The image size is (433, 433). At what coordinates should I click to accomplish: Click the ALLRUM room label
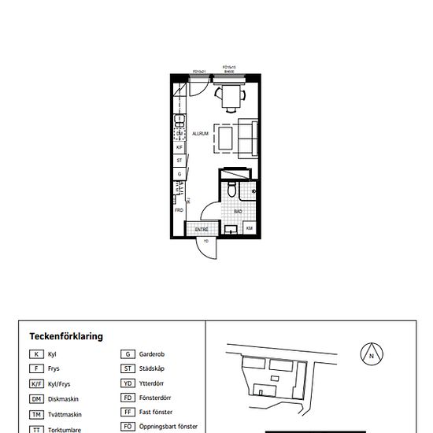click(x=200, y=135)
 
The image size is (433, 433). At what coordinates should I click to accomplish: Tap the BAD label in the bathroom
click(x=238, y=211)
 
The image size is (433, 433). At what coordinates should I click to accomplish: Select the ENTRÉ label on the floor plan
click(x=201, y=229)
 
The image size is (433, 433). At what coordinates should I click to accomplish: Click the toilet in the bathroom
click(x=231, y=192)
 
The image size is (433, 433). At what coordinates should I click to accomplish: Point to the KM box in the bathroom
click(x=249, y=229)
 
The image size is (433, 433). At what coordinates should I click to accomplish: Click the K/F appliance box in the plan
click(x=179, y=147)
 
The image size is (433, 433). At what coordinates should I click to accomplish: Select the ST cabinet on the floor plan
click(x=179, y=161)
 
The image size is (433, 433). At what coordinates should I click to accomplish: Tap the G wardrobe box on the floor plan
click(x=179, y=174)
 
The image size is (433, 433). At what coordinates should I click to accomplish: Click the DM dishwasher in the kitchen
click(x=179, y=133)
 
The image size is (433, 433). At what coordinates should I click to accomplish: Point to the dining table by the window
click(x=231, y=97)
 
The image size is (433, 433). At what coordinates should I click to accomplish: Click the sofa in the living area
click(x=248, y=138)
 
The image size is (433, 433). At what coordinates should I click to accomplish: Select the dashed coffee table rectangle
click(x=225, y=139)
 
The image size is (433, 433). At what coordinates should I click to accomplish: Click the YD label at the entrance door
click(x=206, y=242)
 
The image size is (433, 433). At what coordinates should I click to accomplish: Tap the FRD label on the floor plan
click(x=179, y=210)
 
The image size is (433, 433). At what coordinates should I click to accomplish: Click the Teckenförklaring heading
click(x=66, y=336)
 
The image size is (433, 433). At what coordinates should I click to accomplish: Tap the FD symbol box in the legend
click(x=125, y=398)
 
